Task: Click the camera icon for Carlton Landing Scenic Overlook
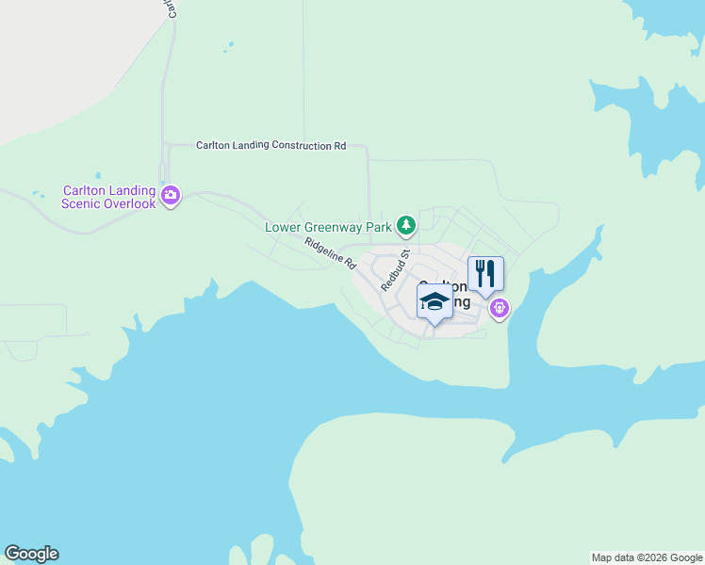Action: click(171, 196)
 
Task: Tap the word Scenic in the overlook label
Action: click(82, 203)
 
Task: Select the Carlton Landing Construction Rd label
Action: click(271, 146)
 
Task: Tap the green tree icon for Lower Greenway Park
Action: click(405, 225)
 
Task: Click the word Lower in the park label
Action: click(283, 227)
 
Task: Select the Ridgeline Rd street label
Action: click(329, 250)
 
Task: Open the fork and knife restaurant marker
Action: click(485, 274)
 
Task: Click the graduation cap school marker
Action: click(434, 302)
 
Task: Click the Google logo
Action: click(31, 554)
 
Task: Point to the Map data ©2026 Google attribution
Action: click(647, 557)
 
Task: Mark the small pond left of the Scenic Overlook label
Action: click(38, 196)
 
